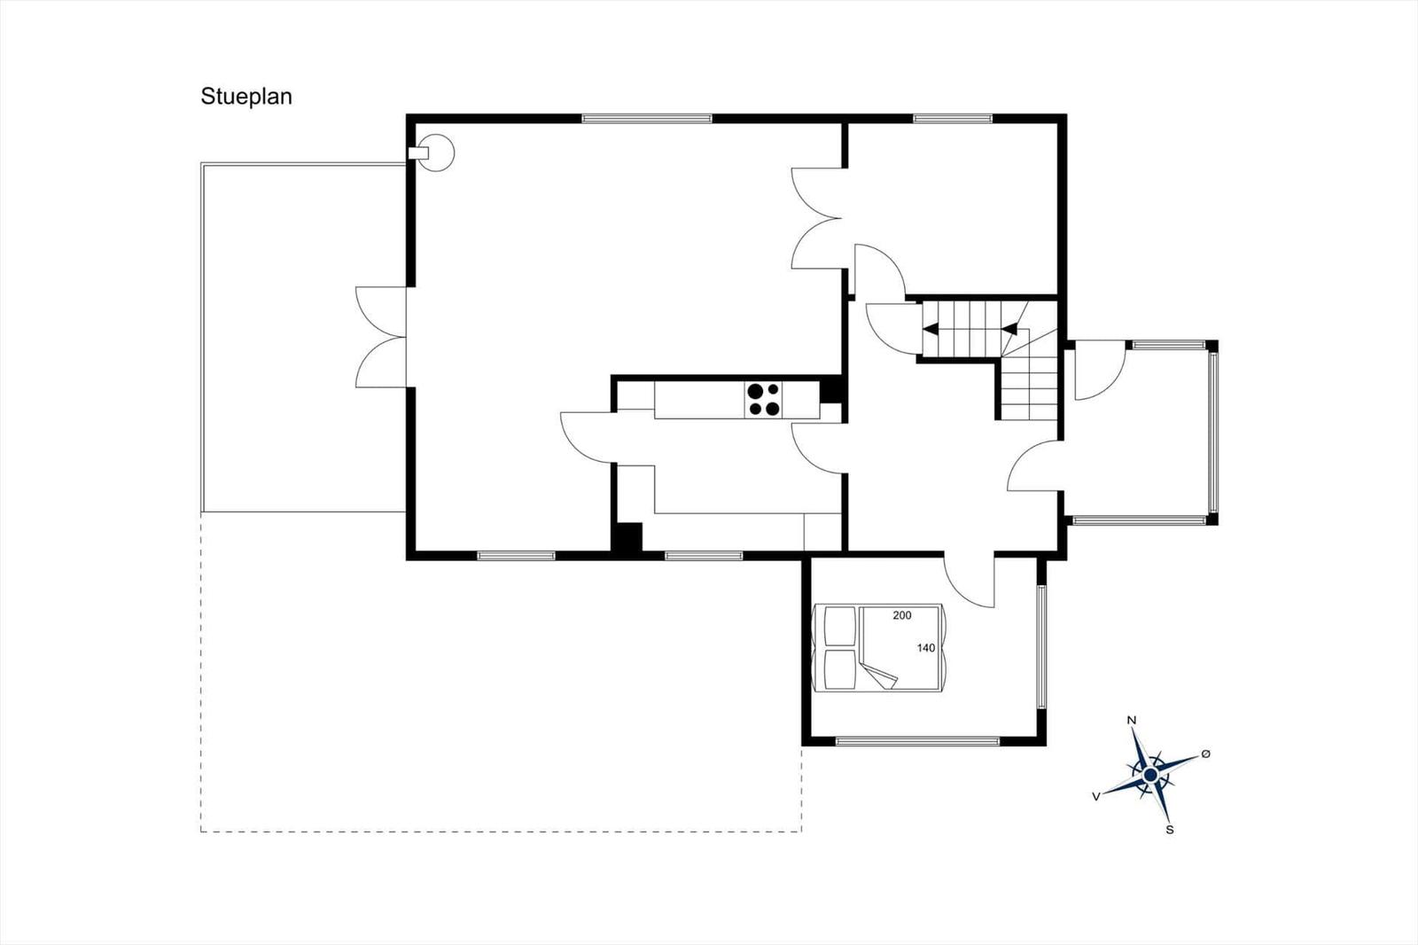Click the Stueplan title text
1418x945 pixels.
246,97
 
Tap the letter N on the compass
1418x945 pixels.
1132,720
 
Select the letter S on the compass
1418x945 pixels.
1170,830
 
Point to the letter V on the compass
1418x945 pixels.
1096,797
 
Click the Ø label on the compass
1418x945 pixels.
1206,754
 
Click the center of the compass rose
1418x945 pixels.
1151,776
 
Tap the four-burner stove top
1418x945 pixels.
763,400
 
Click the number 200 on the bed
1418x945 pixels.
902,615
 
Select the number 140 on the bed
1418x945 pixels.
926,648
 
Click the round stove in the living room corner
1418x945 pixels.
435,152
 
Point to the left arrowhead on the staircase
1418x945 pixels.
931,329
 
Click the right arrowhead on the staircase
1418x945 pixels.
1009,329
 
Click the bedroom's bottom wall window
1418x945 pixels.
917,741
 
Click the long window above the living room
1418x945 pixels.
647,119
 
